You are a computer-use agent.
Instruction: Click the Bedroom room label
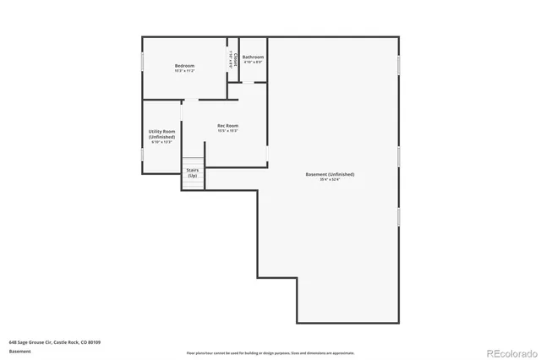click(184, 66)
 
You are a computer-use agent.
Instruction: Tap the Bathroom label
click(254, 57)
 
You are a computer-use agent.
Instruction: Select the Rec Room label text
click(227, 126)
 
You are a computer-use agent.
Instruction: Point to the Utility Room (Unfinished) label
click(161, 134)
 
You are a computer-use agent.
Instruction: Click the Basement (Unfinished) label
click(330, 174)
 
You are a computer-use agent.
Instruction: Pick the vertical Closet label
click(234, 62)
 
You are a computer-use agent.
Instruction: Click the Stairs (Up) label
click(193, 172)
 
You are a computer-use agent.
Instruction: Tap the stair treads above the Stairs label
click(194, 161)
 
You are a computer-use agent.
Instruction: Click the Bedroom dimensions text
click(184, 71)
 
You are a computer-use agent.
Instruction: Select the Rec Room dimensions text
click(227, 131)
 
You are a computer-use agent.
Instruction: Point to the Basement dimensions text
click(330, 179)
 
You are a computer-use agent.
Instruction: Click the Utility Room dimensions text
click(161, 142)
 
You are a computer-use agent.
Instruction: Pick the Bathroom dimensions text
click(254, 62)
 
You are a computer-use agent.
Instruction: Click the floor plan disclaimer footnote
click(270, 353)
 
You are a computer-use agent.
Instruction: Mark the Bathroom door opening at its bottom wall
click(254, 82)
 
